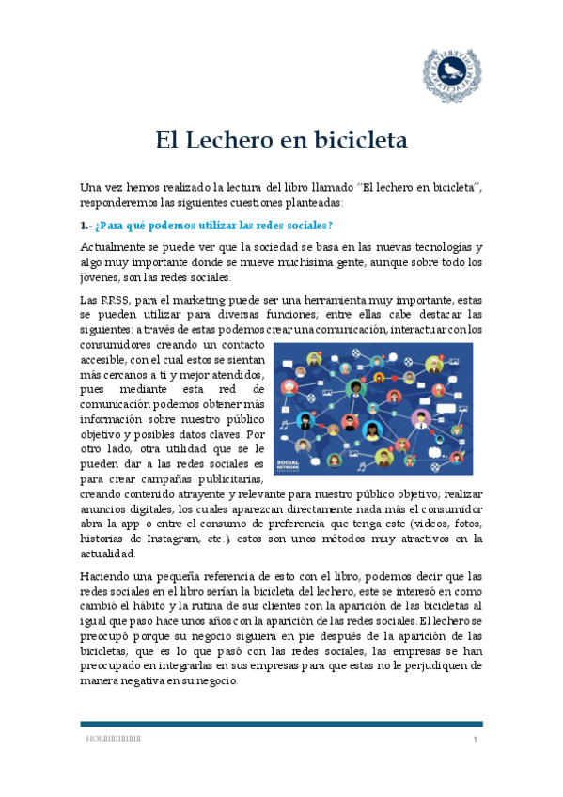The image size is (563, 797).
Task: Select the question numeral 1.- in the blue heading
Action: (86, 226)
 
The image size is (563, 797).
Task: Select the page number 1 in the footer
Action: (477, 742)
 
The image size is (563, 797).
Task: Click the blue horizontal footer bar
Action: (281, 724)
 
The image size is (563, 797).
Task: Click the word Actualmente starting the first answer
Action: (116, 246)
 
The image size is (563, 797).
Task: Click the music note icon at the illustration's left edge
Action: (284, 425)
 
